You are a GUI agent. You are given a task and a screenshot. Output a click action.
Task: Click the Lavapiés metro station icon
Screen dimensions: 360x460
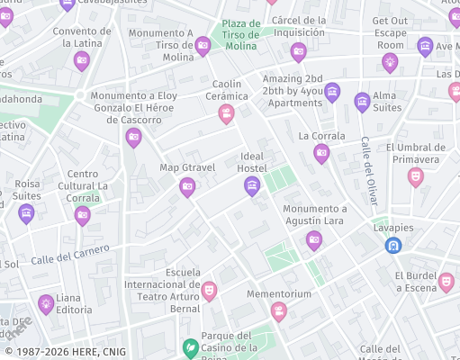point(393,244)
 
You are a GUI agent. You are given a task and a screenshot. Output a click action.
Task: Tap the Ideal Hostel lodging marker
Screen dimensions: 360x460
point(252,185)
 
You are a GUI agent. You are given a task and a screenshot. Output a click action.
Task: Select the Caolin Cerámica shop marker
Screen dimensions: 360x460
point(226,112)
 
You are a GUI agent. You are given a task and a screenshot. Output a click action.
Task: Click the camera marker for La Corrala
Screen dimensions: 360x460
point(321,154)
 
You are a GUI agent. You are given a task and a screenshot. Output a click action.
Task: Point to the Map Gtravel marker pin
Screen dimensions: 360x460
point(187,186)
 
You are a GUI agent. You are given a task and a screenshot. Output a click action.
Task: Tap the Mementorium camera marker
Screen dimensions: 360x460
point(279,310)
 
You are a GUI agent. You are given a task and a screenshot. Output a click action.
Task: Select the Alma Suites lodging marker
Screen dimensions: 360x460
point(362,101)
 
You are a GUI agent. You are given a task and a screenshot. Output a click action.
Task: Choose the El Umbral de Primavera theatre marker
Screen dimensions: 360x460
point(415,175)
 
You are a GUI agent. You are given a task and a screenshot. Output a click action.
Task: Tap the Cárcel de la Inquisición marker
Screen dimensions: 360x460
point(299,50)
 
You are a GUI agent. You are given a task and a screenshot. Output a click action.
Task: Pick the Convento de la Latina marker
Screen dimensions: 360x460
point(82,60)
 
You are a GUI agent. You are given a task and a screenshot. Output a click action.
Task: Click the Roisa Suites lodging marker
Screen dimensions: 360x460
point(27,212)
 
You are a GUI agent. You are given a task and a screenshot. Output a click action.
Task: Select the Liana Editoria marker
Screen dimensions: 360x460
point(46,303)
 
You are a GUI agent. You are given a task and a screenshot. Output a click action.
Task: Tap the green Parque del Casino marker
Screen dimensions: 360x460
point(190,346)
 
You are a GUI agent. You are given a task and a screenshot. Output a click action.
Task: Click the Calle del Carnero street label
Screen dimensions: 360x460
point(70,255)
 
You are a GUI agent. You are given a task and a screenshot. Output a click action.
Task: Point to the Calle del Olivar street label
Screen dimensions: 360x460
point(368,175)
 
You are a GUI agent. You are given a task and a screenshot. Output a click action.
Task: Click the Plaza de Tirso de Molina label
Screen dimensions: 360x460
point(241,34)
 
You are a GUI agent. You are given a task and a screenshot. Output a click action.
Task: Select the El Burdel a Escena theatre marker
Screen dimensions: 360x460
point(446,282)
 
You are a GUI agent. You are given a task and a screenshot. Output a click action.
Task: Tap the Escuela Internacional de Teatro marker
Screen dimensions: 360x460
point(209,290)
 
